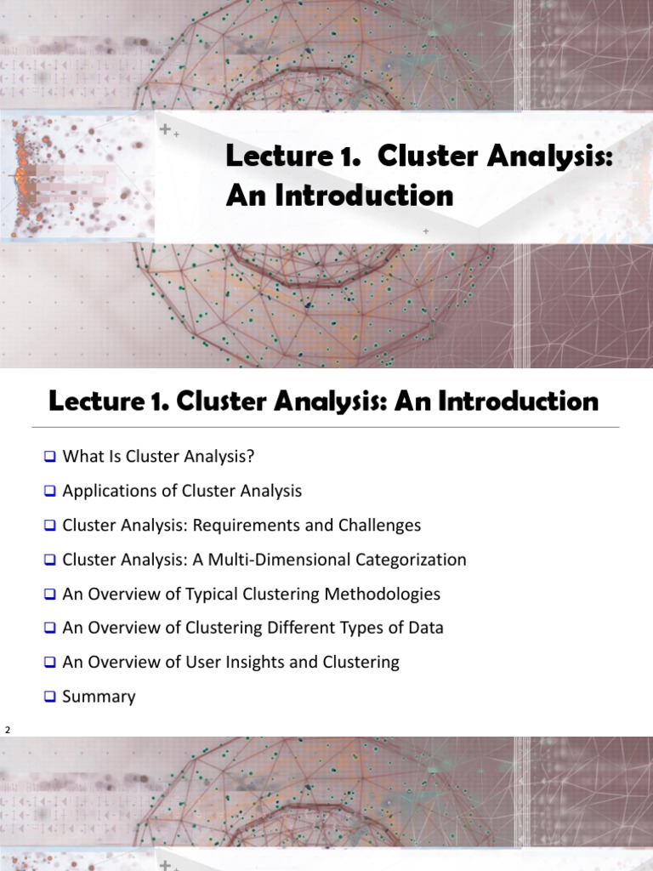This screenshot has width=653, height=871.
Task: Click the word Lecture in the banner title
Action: pyautogui.click(x=270, y=157)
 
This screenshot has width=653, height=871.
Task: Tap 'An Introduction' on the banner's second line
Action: pyautogui.click(x=339, y=196)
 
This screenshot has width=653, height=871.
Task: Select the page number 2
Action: pyautogui.click(x=8, y=730)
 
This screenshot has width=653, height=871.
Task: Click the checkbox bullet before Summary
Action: pyautogui.click(x=49, y=697)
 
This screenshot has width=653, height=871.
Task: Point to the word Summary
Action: pyautogui.click(x=99, y=697)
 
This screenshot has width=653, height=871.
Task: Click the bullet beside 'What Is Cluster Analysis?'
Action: pyautogui.click(x=49, y=457)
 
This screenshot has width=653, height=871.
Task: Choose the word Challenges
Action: pyautogui.click(x=379, y=526)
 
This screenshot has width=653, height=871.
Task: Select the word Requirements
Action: pyautogui.click(x=247, y=526)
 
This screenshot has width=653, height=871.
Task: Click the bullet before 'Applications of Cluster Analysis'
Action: pyautogui.click(x=49, y=491)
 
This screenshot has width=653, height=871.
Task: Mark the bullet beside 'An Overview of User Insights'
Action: pyautogui.click(x=49, y=662)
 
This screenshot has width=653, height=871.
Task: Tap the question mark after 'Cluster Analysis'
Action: pyautogui.click(x=251, y=457)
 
